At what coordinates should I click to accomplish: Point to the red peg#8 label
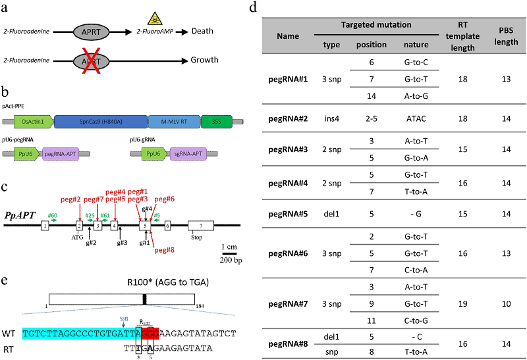tap(163, 249)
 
